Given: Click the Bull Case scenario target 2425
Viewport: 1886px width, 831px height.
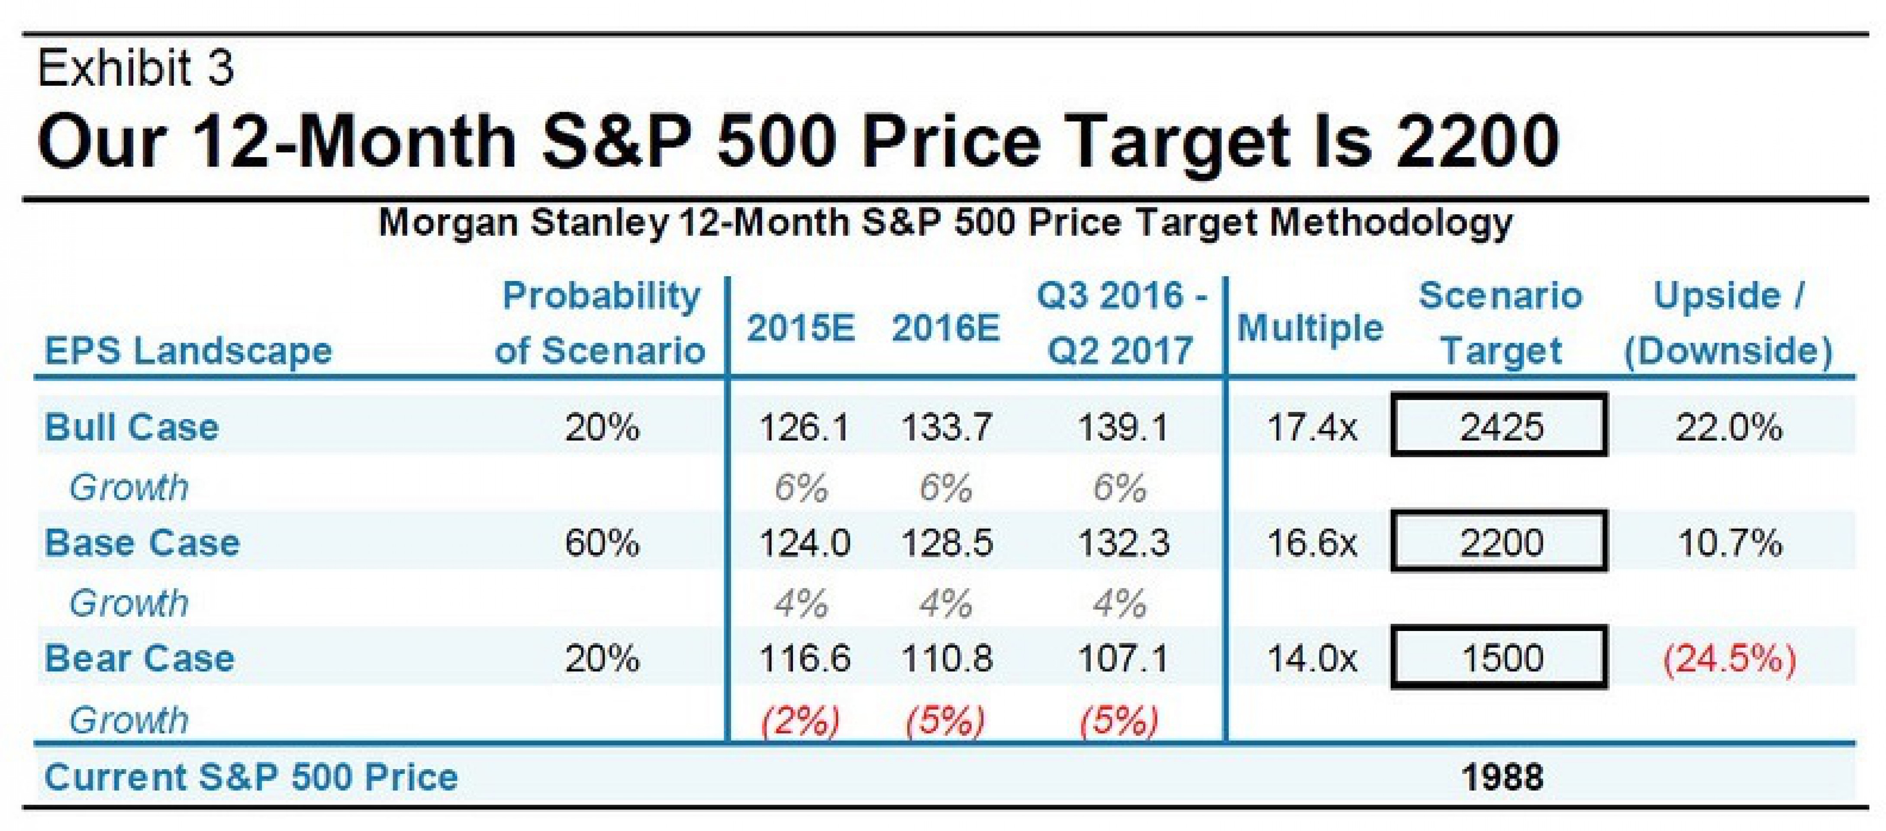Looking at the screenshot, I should click(x=1500, y=426).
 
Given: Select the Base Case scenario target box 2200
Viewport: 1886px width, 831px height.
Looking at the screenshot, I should click(x=1500, y=542).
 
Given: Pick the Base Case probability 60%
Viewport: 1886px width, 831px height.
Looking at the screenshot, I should click(x=602, y=542).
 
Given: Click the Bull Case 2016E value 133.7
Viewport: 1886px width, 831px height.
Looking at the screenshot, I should click(x=946, y=427).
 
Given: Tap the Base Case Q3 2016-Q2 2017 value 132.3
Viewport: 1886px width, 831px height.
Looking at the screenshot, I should click(x=1123, y=542).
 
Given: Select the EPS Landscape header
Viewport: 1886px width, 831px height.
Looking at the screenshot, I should click(x=188, y=350).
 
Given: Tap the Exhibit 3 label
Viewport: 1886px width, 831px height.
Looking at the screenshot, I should click(x=135, y=68).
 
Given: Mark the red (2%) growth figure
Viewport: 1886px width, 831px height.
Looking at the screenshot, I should click(x=800, y=721).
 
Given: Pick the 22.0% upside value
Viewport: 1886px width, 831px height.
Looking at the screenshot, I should click(x=1729, y=427).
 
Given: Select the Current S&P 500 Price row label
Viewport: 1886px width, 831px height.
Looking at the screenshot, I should click(x=251, y=776).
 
